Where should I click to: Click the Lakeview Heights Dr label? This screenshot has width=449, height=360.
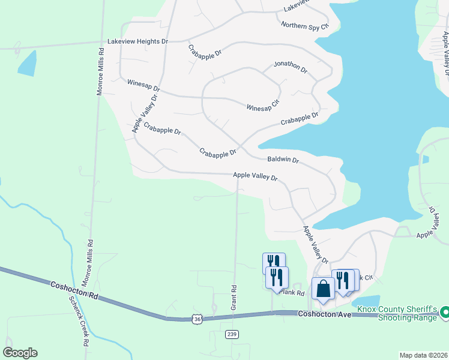[137, 41]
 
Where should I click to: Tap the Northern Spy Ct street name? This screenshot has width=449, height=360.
[306, 26]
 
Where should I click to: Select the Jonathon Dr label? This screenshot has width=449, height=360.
[291, 67]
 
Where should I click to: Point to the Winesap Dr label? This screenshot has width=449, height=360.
[143, 84]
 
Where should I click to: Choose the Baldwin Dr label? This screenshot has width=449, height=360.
[283, 160]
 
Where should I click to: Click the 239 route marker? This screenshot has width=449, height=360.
[232, 334]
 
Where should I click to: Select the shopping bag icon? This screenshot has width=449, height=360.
[323, 288]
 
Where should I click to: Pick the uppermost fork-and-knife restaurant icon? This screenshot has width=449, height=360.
[274, 262]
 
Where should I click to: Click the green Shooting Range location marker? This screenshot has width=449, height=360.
[445, 312]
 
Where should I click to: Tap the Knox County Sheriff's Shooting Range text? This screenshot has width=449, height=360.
[397, 314]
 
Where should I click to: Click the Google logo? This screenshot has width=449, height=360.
[20, 353]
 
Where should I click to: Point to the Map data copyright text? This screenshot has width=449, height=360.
[423, 355]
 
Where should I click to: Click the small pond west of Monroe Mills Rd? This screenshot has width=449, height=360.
[27, 63]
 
